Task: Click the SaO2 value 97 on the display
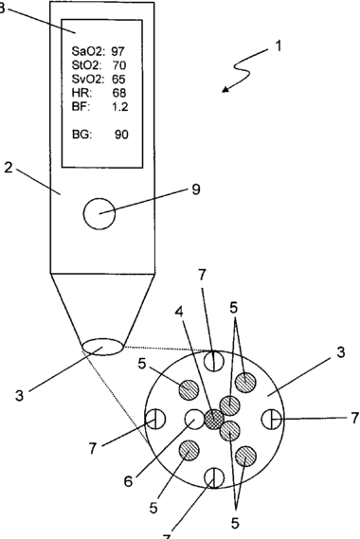coord(117,51)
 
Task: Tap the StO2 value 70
coord(119,65)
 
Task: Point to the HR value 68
coord(119,93)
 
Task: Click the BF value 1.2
coord(120,107)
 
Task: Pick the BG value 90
coord(121,135)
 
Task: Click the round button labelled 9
coord(99,213)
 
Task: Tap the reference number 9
coord(196,189)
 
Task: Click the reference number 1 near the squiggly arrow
coord(279,46)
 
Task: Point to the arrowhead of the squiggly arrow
coord(225,90)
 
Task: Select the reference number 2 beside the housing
coord(9,168)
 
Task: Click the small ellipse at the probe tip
coord(103,347)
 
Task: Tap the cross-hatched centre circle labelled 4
coord(214,420)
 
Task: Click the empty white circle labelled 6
coord(194,419)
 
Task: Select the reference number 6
coord(128,481)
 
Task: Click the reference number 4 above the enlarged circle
coord(179,312)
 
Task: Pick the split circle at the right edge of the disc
coord(272,420)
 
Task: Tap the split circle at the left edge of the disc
coord(155,420)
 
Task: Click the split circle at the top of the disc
coord(214,362)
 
